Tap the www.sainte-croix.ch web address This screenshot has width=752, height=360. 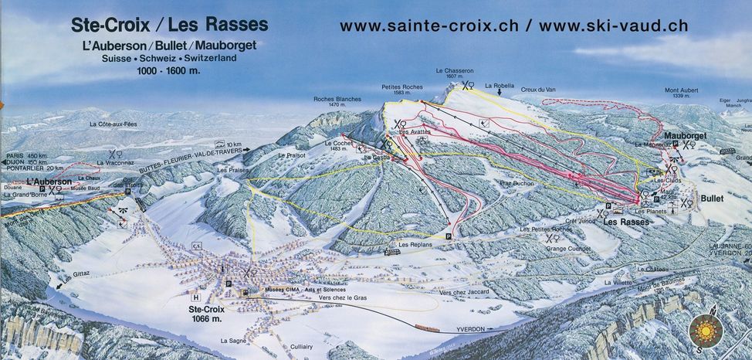point(430,25)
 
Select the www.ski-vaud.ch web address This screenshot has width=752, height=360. point(613,25)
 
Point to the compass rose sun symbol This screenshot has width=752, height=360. point(705,331)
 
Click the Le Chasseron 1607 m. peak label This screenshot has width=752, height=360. point(454,73)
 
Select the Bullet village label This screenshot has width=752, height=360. point(712,199)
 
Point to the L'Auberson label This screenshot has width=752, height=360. point(50,182)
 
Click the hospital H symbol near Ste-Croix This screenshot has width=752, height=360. point(197,297)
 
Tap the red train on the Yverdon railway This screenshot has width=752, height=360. point(426,330)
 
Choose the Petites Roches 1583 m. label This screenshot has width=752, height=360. point(402,90)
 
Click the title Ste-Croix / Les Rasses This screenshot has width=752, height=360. point(170,25)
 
